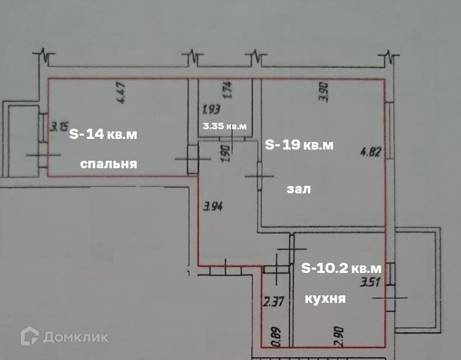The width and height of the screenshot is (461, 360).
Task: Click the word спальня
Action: point(109,164)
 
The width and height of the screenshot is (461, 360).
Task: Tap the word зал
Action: point(298,189)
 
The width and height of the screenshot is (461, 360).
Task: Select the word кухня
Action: point(325,299)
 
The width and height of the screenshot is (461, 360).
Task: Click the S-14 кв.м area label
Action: point(104,135)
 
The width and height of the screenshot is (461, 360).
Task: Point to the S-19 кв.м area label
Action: point(299,145)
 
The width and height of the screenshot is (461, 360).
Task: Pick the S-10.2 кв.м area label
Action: point(341,268)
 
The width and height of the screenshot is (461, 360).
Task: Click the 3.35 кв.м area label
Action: point(225,126)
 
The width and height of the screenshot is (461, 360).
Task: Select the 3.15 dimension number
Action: point(59,127)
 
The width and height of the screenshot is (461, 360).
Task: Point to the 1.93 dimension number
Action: point(212,111)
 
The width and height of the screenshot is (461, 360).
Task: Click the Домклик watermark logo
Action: point(64,336)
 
